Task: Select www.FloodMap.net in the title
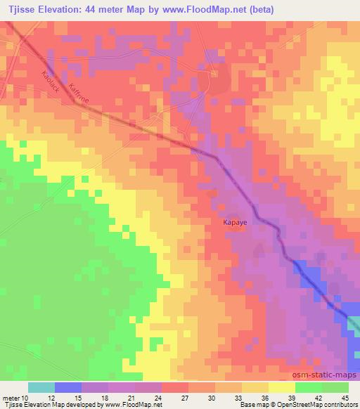tap(219, 10)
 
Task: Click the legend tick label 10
tap(27, 397)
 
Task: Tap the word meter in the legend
tap(11, 397)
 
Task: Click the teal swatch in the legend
tap(41, 387)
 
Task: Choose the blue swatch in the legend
tap(68, 387)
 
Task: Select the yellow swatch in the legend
tap(281, 387)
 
